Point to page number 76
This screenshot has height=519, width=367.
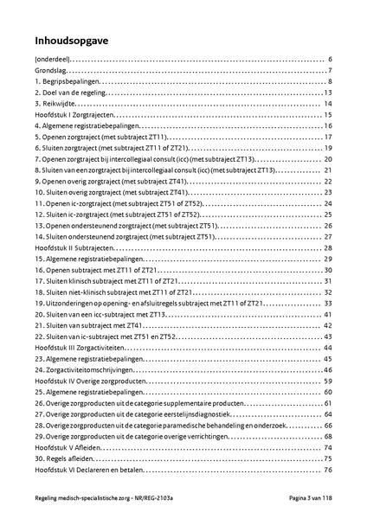[329, 470]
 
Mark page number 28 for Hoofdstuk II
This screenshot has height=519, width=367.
[329, 247]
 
